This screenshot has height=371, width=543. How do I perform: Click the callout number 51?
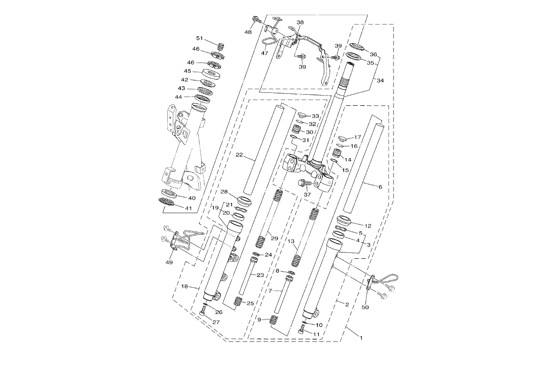[200, 39]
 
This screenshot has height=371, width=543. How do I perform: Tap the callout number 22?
[239, 155]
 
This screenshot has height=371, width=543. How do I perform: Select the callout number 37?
[307, 194]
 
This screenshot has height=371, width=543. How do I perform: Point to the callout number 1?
[361, 338]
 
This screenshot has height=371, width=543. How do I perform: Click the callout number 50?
[366, 307]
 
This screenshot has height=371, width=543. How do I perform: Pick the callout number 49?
[169, 262]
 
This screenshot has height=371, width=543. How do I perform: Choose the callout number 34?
[380, 81]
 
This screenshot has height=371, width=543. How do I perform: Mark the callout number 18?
[184, 286]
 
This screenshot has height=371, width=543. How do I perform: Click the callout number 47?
[264, 53]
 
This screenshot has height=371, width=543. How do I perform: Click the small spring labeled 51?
[221, 46]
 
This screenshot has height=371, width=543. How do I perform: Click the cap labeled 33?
[303, 114]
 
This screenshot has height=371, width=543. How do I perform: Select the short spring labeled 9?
[274, 320]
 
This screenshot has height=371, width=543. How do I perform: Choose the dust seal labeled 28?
[245, 200]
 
